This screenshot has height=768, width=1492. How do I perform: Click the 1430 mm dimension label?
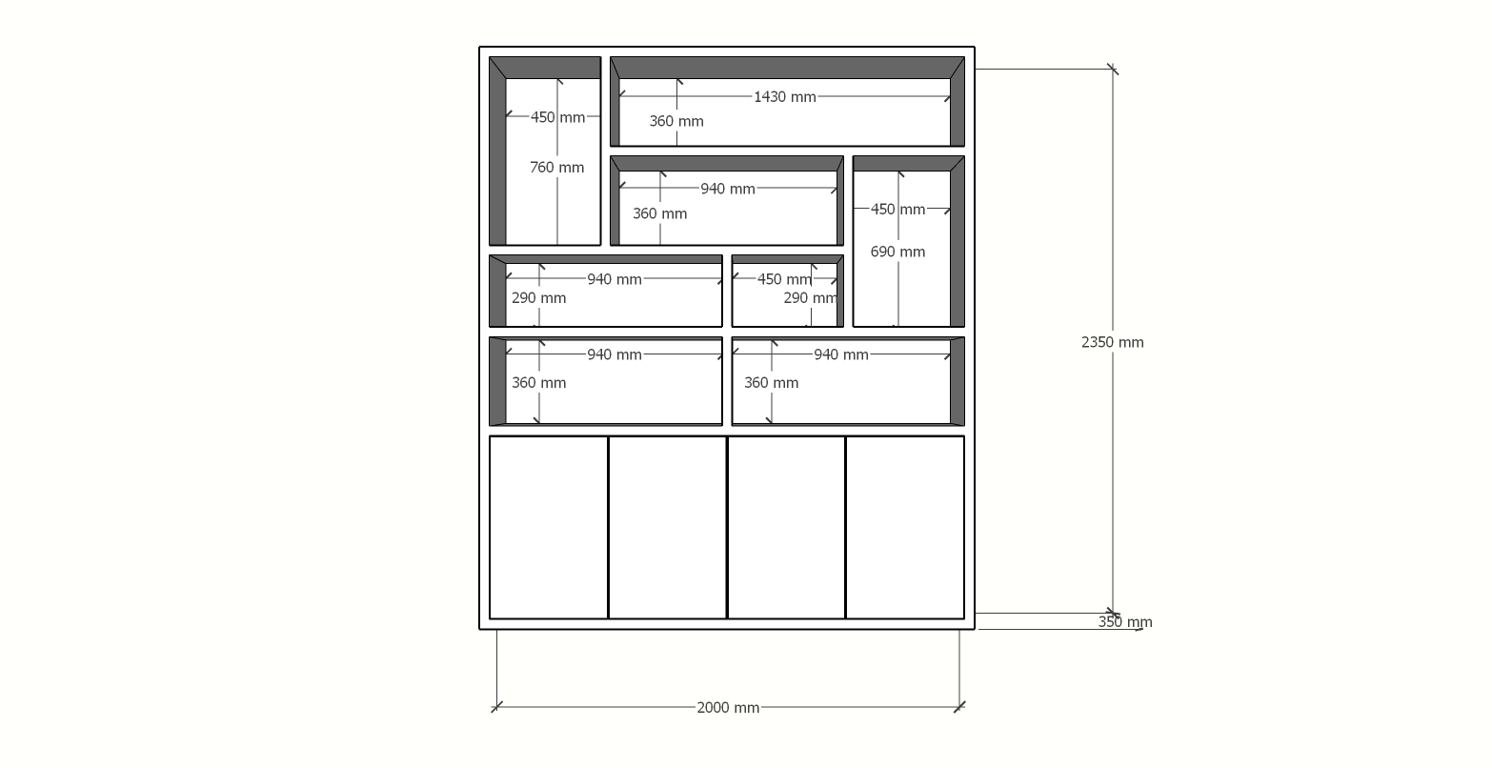point(785,97)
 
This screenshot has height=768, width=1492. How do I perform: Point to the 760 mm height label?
point(556,168)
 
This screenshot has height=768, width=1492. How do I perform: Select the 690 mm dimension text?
point(897,252)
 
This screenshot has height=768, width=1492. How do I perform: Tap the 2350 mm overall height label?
point(1113,342)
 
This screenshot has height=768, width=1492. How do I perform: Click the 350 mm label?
point(1125,622)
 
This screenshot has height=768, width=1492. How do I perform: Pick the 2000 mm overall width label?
point(728,707)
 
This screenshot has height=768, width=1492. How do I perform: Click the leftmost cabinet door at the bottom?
point(548,528)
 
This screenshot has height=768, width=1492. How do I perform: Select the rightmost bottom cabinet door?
point(905,528)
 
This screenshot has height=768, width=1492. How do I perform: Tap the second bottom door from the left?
point(668,528)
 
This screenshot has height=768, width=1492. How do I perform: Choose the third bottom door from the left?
point(787,528)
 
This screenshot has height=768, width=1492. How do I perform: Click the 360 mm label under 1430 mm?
point(676,121)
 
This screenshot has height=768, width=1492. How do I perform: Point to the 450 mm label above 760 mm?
point(557,117)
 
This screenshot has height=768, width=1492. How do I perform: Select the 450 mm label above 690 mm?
point(897,210)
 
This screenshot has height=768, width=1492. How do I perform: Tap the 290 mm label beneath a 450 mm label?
point(810,297)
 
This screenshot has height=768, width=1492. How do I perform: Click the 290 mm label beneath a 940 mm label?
point(539,297)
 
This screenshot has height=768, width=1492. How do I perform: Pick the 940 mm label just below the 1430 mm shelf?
point(728,190)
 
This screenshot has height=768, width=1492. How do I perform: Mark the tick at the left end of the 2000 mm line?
point(496,707)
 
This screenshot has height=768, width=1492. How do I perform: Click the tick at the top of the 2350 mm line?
point(1113,69)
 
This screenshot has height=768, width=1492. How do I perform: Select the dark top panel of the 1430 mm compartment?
point(787,68)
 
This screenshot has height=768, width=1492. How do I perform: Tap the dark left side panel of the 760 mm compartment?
point(497,152)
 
